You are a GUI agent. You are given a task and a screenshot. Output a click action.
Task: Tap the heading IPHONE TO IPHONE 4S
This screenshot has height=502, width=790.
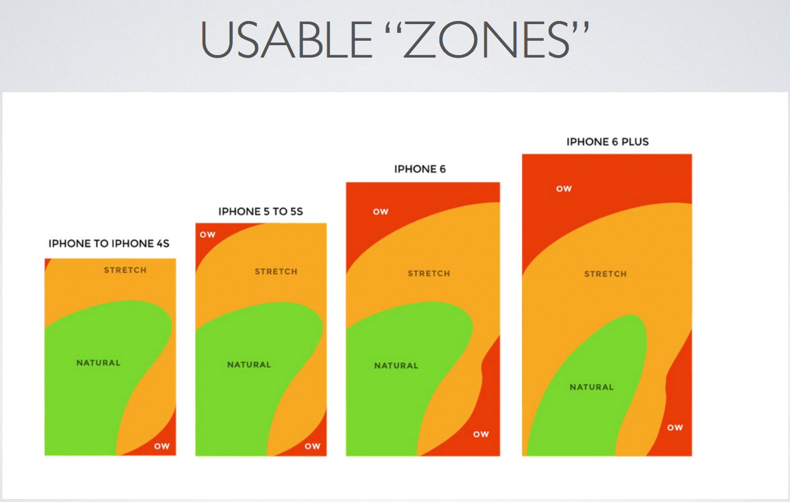109,244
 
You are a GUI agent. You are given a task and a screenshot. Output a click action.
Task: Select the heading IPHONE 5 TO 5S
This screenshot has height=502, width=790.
260,212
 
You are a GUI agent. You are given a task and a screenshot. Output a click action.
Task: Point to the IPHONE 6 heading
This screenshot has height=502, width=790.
420,169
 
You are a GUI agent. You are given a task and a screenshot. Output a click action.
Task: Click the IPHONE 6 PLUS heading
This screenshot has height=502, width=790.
608,142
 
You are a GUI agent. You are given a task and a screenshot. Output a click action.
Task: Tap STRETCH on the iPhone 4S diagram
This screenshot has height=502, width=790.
125,270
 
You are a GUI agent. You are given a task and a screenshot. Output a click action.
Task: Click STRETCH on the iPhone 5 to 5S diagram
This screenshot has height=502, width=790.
276,272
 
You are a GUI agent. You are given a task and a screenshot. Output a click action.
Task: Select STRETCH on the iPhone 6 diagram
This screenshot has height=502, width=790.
429,274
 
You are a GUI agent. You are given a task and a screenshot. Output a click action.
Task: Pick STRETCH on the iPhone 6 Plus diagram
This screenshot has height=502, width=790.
606,274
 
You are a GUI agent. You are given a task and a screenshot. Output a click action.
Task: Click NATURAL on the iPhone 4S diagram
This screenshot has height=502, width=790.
98,363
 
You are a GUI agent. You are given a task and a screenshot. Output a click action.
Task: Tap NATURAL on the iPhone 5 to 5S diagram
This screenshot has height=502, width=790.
249,365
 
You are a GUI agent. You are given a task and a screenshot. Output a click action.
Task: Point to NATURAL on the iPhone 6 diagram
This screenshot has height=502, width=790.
396,366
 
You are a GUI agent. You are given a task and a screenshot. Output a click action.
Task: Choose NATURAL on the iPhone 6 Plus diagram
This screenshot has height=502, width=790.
591,387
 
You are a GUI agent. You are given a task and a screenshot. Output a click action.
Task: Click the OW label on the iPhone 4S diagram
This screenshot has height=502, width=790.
161,446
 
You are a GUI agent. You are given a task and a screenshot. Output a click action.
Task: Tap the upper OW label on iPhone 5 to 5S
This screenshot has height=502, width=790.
208,235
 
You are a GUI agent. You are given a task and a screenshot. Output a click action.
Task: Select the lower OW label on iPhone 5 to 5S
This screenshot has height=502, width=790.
312,446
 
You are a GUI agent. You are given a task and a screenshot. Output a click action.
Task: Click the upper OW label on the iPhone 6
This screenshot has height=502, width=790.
380,212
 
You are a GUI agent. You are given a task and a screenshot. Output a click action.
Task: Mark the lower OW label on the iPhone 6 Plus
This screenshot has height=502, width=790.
675,428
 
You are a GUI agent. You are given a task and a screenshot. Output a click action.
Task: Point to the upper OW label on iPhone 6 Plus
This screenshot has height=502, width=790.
564,189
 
